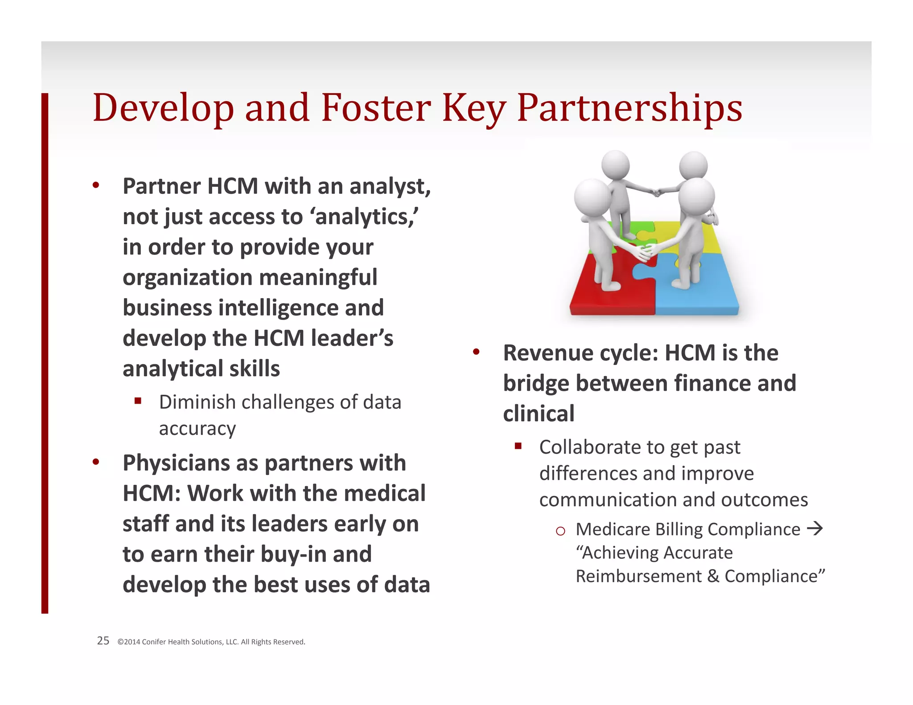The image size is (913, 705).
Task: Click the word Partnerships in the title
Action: click(629, 108)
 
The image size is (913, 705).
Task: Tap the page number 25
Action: click(103, 641)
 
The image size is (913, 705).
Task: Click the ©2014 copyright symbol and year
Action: click(129, 642)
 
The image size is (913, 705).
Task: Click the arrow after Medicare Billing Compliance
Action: click(815, 529)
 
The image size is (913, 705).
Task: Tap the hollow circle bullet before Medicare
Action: click(560, 531)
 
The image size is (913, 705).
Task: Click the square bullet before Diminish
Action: click(138, 401)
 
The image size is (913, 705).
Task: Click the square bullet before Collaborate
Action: click(518, 446)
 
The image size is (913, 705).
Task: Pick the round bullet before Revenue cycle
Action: click(476, 352)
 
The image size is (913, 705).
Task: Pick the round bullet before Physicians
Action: click(96, 462)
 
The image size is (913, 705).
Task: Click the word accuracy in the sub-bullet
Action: click(197, 429)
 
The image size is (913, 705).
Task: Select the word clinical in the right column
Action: click(539, 414)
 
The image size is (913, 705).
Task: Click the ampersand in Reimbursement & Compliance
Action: click(713, 576)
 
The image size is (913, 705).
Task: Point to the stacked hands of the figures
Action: click(644, 252)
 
